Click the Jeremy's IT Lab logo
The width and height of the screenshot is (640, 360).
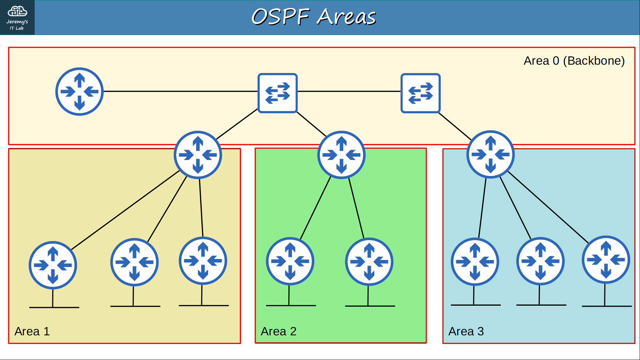(17, 17)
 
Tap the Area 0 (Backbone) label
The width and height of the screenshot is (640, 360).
(574, 61)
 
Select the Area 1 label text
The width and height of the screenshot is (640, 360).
(32, 331)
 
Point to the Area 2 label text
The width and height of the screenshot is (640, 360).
(279, 331)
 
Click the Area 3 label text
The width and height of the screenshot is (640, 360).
(466, 331)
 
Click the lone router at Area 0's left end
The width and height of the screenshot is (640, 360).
(79, 92)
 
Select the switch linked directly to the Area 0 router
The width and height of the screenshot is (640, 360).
(278, 93)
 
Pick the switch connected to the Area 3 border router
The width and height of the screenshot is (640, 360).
(421, 93)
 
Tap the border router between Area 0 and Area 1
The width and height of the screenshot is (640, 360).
(198, 155)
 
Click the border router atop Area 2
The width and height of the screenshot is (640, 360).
(341, 155)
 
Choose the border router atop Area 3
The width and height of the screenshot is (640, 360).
(490, 154)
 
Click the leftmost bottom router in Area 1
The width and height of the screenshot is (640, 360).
(53, 265)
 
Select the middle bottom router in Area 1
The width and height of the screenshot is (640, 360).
(134, 262)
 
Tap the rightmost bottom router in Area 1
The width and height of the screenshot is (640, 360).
(203, 261)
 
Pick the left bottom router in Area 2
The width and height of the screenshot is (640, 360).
(290, 261)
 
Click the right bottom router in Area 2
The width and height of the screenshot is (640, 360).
(369, 262)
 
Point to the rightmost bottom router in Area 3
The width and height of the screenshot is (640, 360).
(606, 260)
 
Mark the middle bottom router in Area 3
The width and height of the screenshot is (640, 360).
(540, 261)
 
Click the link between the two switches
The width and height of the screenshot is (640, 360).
(349, 91)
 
